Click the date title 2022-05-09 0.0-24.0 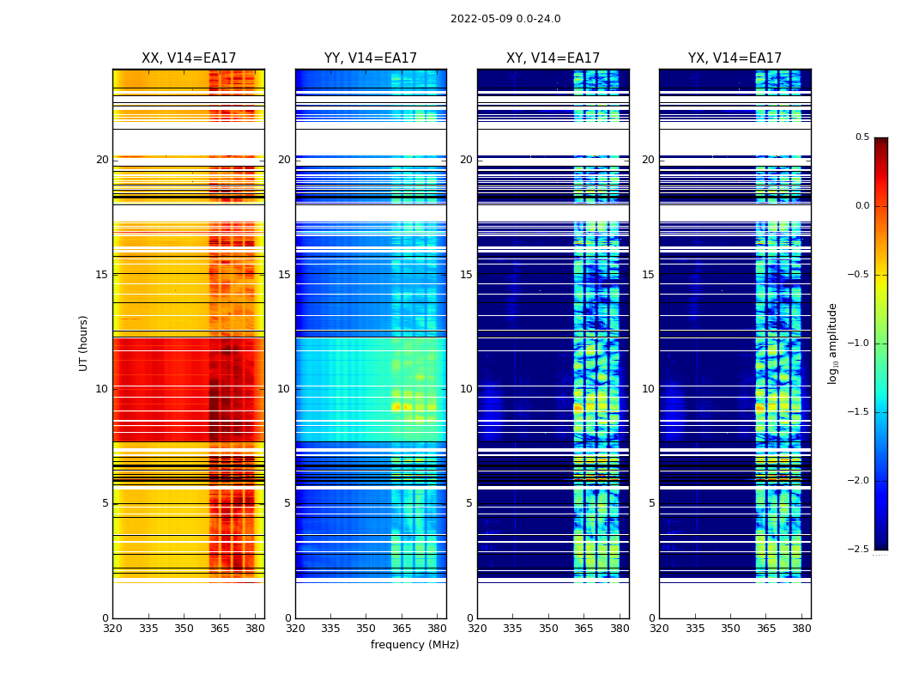(x=505, y=19)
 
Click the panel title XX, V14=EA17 (x=189, y=58)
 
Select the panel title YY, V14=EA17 (x=371, y=58)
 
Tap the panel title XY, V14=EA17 (x=553, y=58)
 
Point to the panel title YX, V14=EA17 (x=735, y=58)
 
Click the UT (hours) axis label (x=84, y=343)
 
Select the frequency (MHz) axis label (x=414, y=645)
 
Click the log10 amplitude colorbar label (x=831, y=343)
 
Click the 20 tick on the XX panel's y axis (x=102, y=160)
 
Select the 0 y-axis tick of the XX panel (x=105, y=618)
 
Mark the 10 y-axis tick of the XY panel (x=466, y=389)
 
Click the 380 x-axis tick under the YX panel (x=801, y=628)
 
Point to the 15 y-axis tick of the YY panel (x=284, y=275)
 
